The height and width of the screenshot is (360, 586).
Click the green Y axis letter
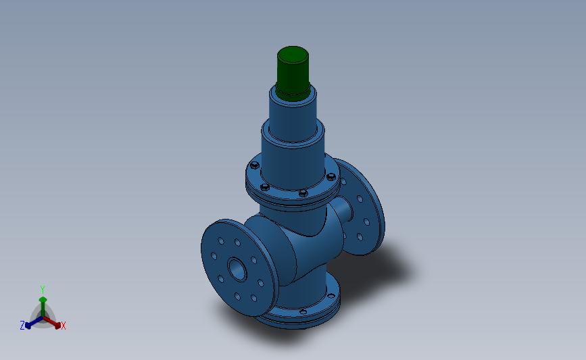tap(43, 290)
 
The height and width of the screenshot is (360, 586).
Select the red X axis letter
tap(63, 326)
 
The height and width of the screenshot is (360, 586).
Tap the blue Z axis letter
tap(22, 326)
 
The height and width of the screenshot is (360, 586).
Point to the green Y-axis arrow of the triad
tap(43, 303)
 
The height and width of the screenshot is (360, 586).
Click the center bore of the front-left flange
tap(237, 268)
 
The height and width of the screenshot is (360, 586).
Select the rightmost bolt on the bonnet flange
tap(331, 178)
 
